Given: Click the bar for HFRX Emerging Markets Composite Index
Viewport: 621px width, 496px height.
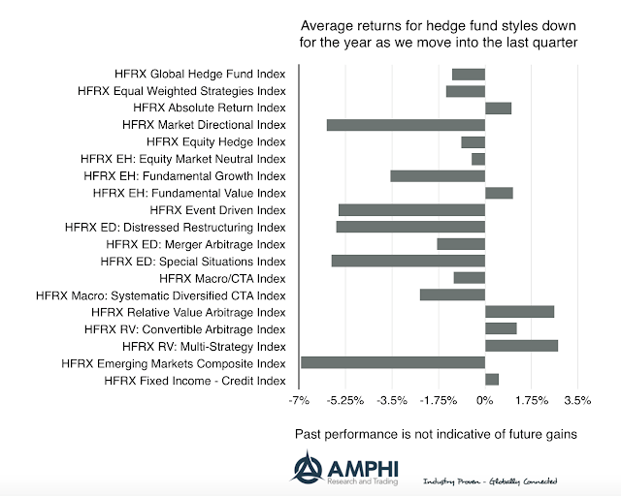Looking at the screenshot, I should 393,362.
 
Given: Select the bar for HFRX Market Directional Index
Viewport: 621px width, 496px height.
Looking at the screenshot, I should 406,125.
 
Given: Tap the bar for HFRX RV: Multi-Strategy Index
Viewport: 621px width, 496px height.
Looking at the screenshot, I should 521,346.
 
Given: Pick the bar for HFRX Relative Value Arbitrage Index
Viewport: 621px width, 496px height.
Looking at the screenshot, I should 519,312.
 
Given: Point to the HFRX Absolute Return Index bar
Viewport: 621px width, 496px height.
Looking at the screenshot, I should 498,108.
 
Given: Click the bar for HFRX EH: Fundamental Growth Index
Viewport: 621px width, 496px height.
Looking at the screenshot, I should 438,175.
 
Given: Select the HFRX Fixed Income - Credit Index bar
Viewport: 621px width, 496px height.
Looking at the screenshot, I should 492,380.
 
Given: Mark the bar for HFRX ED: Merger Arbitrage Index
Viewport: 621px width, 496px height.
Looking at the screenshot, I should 461,244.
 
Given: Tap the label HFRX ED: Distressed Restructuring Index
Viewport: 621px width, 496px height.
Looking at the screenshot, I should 175,227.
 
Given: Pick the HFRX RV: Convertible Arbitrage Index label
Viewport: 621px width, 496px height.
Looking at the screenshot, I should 185,329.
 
